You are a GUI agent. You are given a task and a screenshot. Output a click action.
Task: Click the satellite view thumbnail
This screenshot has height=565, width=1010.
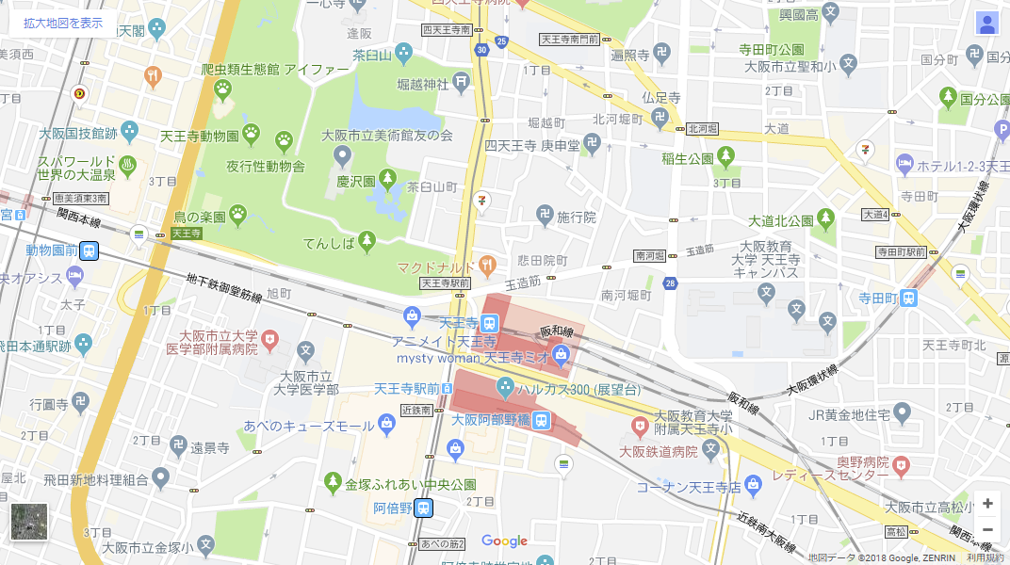(x=29, y=522)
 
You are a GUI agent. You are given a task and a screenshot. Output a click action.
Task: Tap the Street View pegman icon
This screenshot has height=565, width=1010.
(x=986, y=24)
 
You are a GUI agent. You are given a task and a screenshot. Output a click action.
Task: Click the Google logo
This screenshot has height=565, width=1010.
(x=504, y=541)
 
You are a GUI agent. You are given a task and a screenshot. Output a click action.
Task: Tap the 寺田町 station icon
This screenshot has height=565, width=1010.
(x=908, y=298)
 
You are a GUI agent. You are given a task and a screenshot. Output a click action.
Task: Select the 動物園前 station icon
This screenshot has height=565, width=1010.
(x=90, y=250)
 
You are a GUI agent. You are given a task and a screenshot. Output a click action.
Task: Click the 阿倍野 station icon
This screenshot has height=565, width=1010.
(x=424, y=508)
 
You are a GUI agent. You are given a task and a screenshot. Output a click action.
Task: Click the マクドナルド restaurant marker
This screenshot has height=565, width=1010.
(x=487, y=265)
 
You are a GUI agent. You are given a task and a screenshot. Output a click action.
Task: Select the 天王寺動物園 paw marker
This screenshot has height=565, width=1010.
(x=251, y=135)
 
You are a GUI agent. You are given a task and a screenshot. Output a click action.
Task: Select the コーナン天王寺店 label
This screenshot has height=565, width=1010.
(x=688, y=487)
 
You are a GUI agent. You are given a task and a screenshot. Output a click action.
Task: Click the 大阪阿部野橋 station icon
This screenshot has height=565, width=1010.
(x=543, y=420)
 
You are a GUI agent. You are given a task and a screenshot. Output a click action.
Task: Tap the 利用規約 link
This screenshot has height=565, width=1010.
(x=986, y=557)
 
